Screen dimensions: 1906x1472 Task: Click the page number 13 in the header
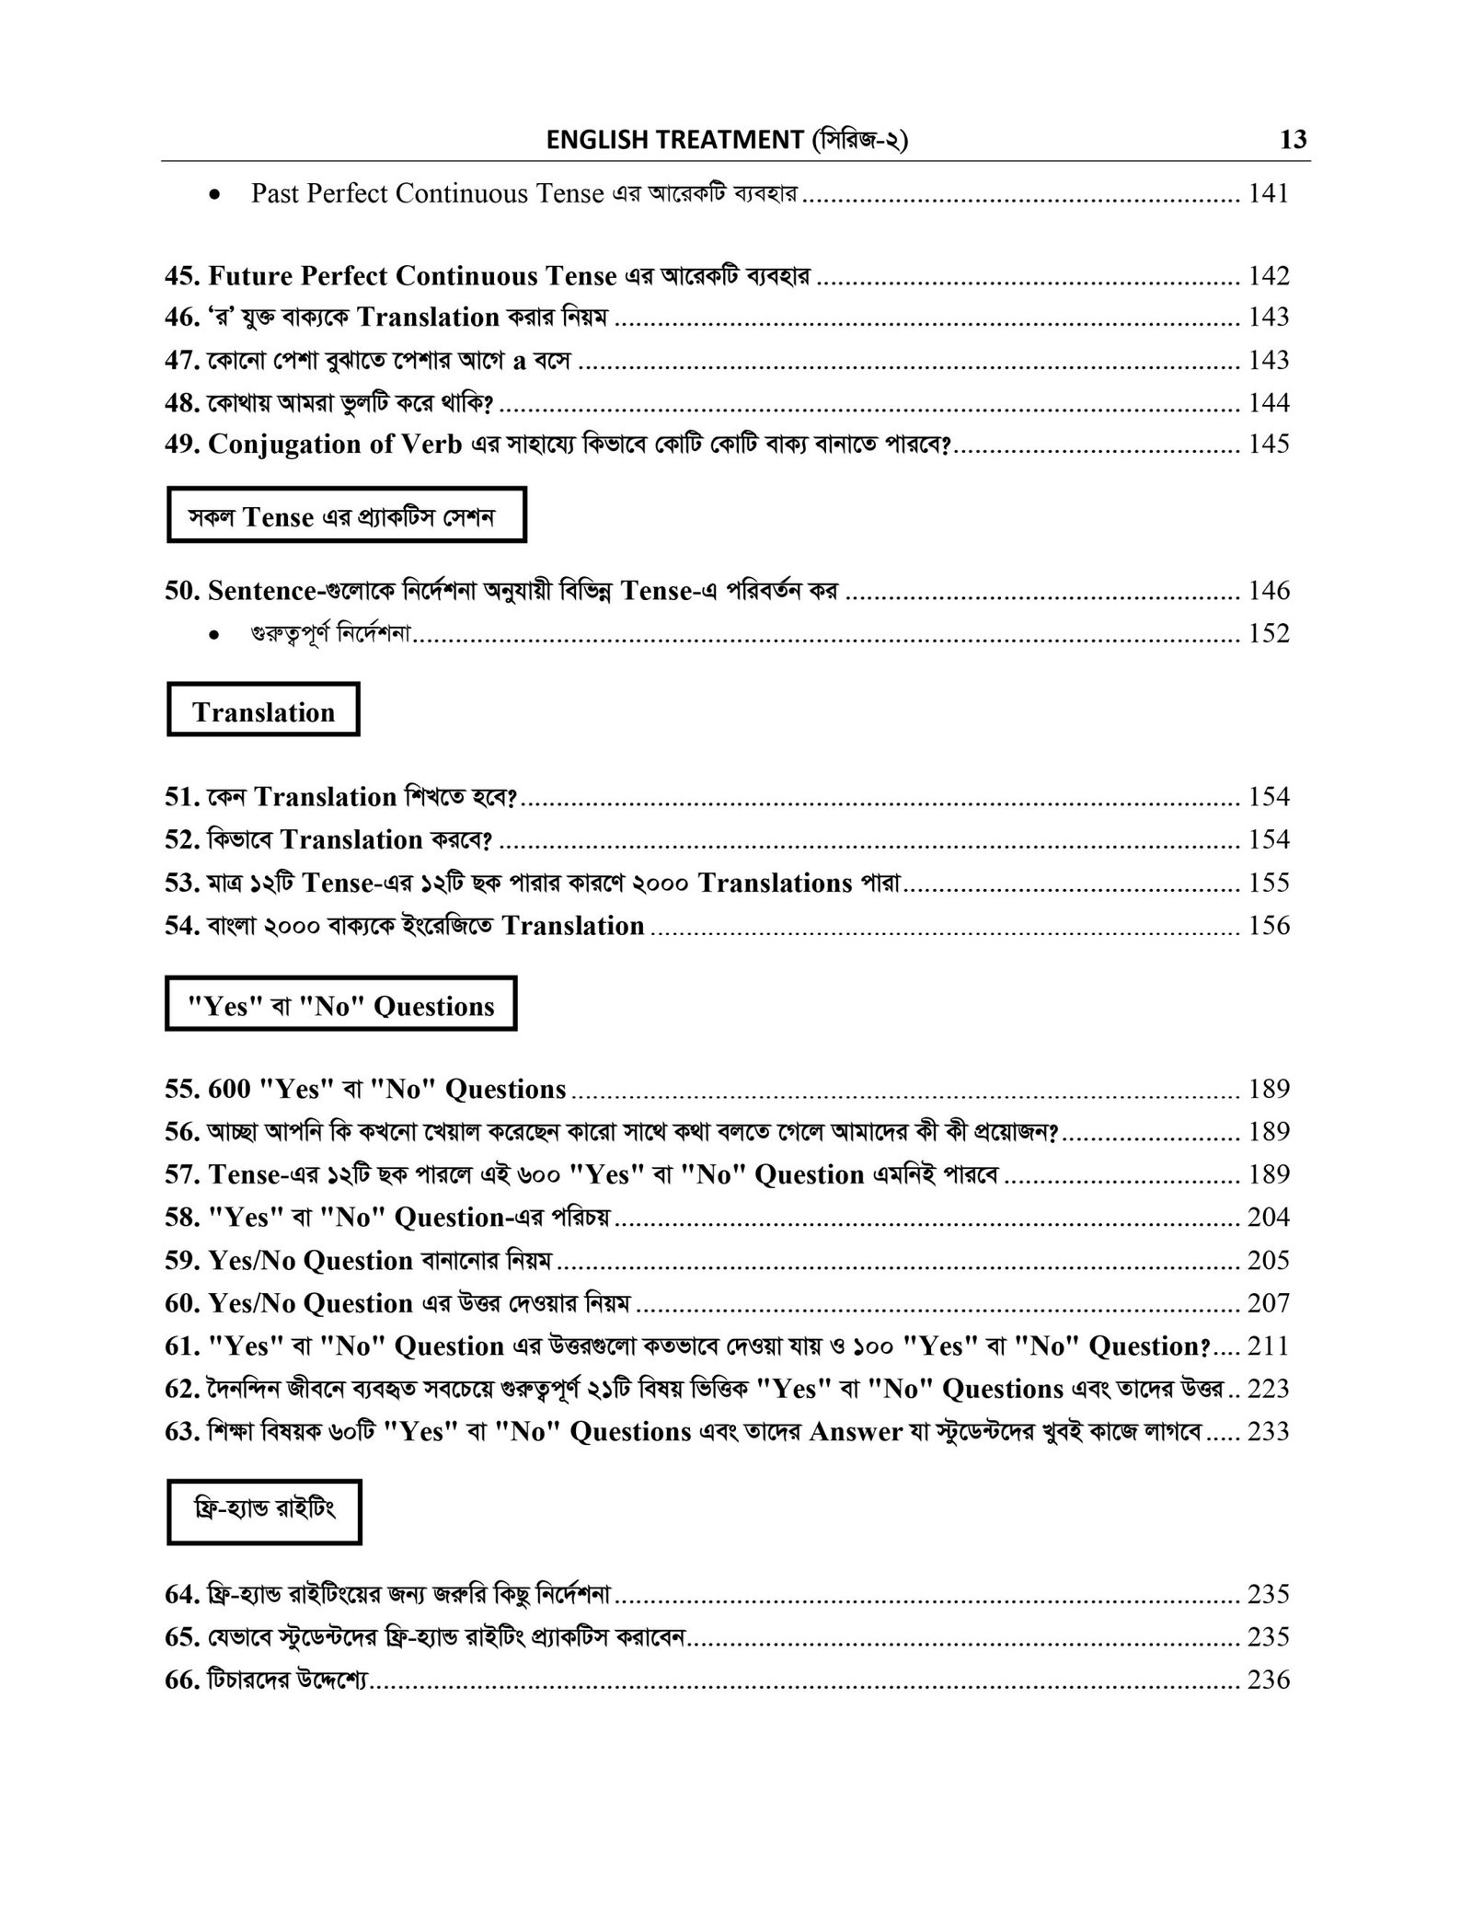[1293, 140]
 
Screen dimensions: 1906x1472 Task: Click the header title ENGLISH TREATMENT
[674, 140]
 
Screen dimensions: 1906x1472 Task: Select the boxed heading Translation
[263, 712]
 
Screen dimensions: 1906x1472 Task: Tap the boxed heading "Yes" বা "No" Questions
[340, 1006]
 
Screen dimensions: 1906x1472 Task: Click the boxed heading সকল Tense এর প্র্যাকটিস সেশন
[346, 517]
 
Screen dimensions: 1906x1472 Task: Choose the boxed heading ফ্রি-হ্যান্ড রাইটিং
[264, 1511]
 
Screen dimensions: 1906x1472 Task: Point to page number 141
[1268, 193]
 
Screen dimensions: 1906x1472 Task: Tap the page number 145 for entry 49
[1268, 444]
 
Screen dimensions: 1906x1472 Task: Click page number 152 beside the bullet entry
[1268, 633]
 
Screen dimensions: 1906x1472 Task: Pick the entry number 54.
[182, 926]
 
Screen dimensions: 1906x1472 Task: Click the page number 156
[1268, 926]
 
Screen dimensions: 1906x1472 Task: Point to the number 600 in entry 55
[229, 1090]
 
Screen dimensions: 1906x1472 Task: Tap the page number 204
[1268, 1218]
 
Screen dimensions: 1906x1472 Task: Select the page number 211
[1268, 1346]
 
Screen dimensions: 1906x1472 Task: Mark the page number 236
[1268, 1681]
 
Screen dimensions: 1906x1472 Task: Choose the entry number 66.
[182, 1681]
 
